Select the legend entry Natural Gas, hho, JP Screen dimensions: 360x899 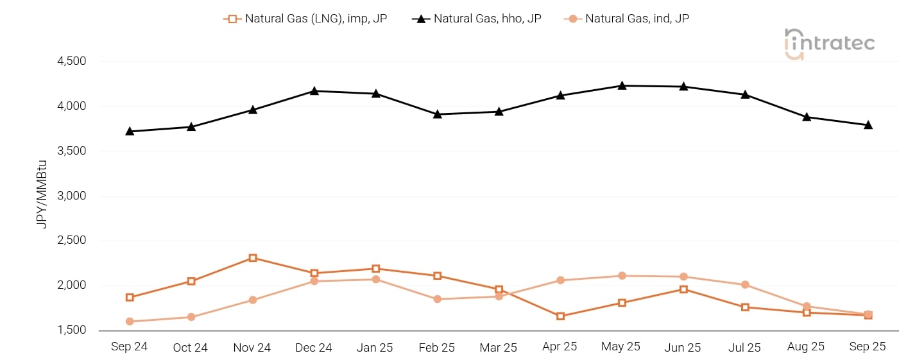[x=477, y=19]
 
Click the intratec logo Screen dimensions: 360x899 [x=829, y=44]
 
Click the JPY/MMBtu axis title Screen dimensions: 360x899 [x=42, y=196]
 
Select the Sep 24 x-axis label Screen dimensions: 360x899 [x=129, y=347]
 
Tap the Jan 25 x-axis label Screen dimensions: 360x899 [x=375, y=347]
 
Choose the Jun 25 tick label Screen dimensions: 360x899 [x=683, y=347]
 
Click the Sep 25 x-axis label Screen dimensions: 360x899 [x=868, y=347]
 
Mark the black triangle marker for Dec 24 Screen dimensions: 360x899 [x=314, y=90]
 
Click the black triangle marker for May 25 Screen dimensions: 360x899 [x=622, y=85]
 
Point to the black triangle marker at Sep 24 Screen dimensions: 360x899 [x=130, y=131]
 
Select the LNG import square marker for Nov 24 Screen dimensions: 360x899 [x=253, y=258]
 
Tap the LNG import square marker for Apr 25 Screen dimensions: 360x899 [x=560, y=316]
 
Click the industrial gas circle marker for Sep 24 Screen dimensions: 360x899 [x=130, y=321]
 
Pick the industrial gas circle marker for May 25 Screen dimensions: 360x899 [x=622, y=276]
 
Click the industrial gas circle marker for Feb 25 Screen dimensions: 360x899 [x=437, y=299]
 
